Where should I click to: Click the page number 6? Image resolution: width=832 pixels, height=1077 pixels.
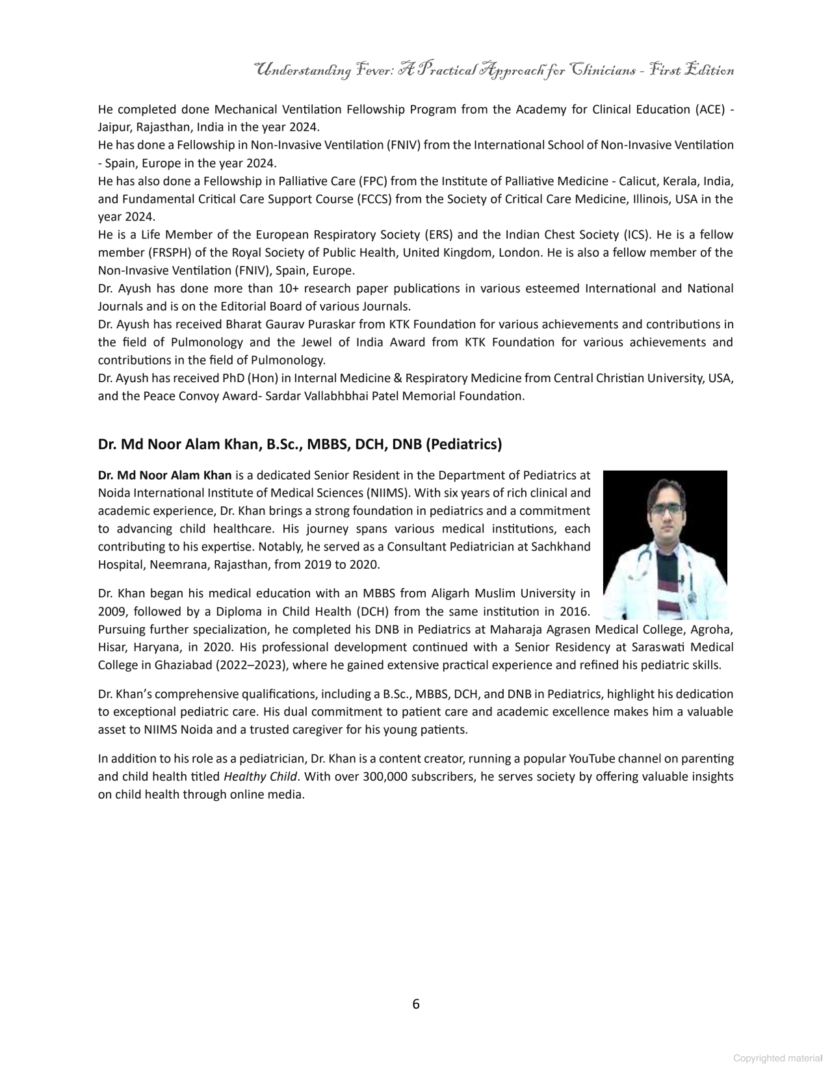(416, 1004)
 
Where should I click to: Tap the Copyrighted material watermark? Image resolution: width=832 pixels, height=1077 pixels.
(777, 1058)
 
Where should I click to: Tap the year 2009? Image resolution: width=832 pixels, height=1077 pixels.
(112, 611)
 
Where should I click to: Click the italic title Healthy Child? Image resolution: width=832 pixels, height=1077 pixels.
(260, 777)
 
